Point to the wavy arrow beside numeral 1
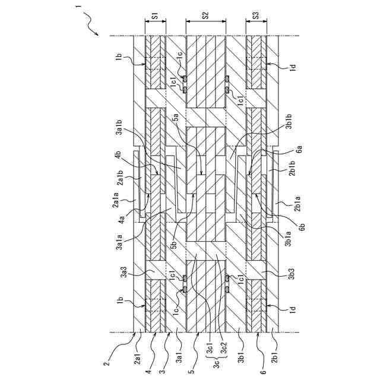coord(91,24)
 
